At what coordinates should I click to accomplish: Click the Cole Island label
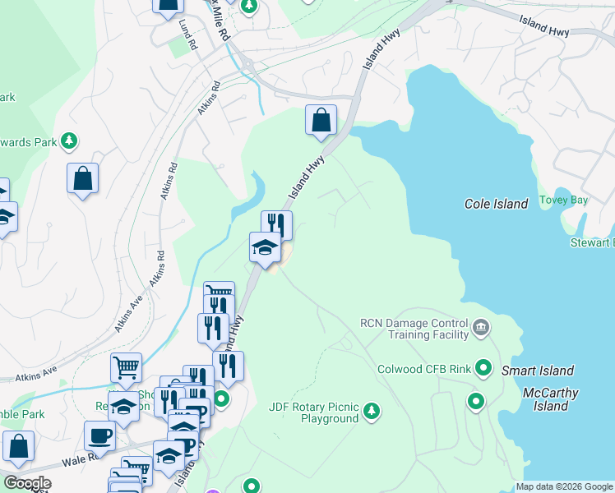point(496,204)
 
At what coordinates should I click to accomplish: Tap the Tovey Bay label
point(562,200)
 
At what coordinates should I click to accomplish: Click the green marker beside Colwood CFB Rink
point(484,367)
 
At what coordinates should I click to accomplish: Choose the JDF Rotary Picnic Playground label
point(314,412)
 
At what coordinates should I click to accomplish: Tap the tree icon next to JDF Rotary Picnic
point(372,410)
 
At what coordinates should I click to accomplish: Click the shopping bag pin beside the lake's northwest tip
point(321,120)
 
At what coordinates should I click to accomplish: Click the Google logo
point(26,483)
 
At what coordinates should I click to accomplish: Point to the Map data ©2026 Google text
point(564,486)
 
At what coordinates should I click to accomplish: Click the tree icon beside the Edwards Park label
point(70,141)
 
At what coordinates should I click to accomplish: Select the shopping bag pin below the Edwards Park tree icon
point(83,178)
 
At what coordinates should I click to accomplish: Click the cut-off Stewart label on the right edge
point(593,242)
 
